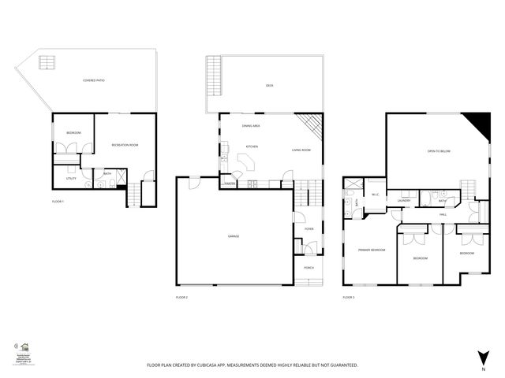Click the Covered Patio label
94,81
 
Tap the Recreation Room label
125,145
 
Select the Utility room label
71,179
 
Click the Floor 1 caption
58,202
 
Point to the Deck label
269,86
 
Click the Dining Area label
252,126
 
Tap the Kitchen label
252,146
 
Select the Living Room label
301,150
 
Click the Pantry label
230,183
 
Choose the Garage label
234,236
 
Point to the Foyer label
309,229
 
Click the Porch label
309,268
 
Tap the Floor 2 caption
181,297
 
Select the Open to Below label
439,150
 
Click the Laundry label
405,201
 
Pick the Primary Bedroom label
371,250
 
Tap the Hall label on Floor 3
443,213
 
